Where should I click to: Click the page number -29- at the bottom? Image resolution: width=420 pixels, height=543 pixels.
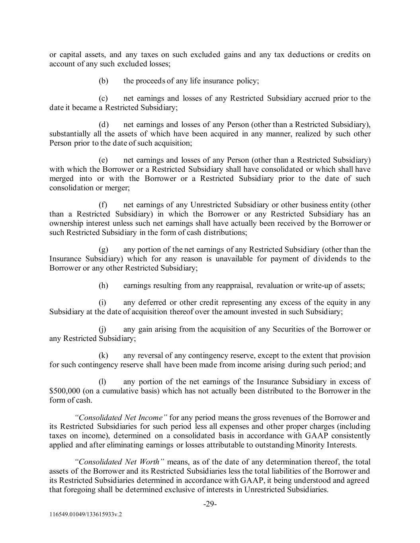[x=210, y=504]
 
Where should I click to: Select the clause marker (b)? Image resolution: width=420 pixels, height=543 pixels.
[x=104, y=81]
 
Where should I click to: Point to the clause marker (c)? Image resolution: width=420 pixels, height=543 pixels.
[x=104, y=98]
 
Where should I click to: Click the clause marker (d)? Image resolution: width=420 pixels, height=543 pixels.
[x=104, y=125]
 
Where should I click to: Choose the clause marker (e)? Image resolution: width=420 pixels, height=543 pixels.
[x=104, y=160]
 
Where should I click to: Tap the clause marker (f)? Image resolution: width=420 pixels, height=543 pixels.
[x=103, y=205]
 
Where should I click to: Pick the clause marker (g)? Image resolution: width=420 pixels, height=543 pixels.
[x=104, y=249]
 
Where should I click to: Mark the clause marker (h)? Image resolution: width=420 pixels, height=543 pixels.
[x=104, y=285]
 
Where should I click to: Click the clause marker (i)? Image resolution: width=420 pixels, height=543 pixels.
[x=102, y=302]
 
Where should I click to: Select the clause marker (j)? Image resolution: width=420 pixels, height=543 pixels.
[x=102, y=329]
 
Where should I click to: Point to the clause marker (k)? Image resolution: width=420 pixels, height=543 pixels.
[x=104, y=355]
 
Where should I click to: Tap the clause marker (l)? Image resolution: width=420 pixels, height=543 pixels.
[x=102, y=382]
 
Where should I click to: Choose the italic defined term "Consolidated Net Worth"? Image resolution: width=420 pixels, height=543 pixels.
[x=120, y=462]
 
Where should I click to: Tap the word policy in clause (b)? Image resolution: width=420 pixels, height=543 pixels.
[x=248, y=81]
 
